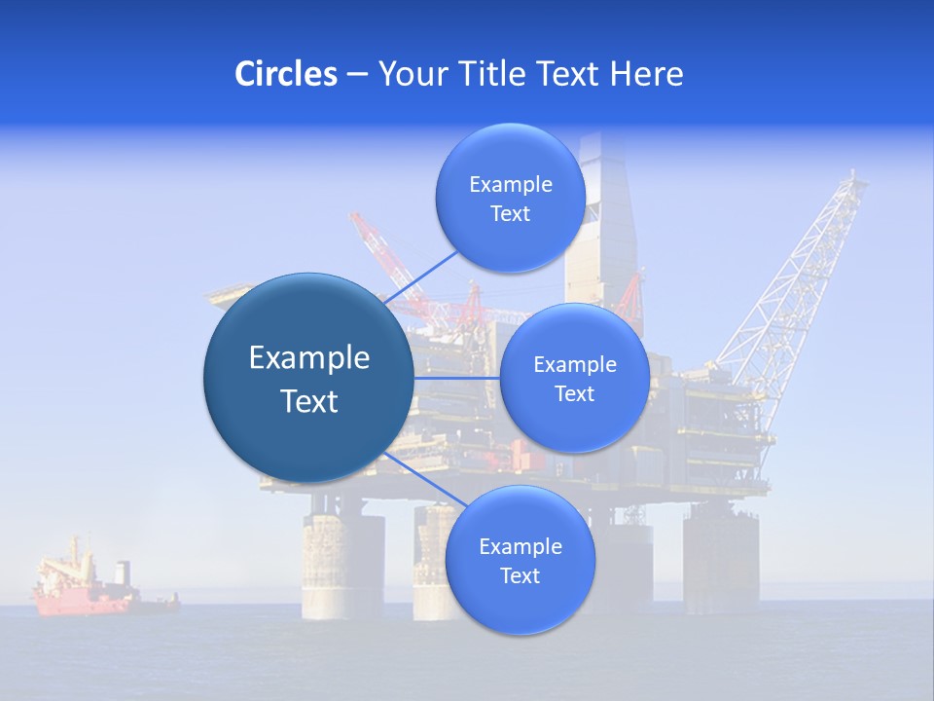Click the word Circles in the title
285,74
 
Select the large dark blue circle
308,378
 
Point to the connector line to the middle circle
457,377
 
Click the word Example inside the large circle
308,358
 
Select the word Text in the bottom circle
520,575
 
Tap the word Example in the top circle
510,185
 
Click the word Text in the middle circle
574,393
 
